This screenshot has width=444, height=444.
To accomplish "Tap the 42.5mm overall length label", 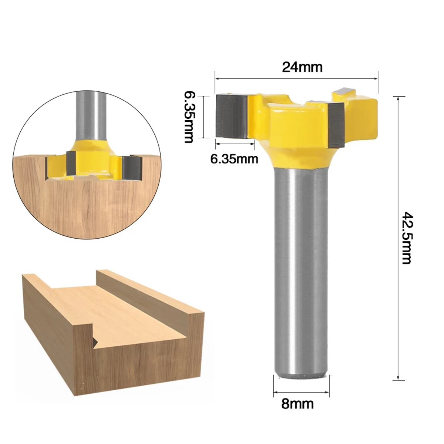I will (407, 238).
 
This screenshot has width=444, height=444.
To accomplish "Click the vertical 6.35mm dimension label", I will (188, 117).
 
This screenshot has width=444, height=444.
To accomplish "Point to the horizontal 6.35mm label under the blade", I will (234, 159).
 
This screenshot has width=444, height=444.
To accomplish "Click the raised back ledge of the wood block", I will (148, 292).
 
